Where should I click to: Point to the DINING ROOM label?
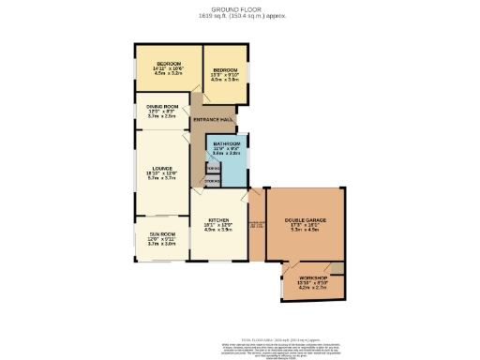point(163,108)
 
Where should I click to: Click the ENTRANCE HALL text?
point(213,120)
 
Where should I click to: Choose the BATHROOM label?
point(228,143)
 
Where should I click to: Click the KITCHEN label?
point(218,220)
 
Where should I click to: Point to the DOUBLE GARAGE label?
point(307,220)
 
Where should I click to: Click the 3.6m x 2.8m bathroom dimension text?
point(228,153)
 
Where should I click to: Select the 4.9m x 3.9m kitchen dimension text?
point(218,231)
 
